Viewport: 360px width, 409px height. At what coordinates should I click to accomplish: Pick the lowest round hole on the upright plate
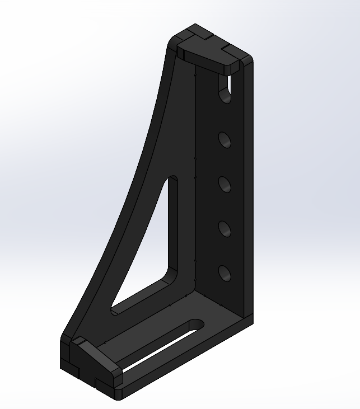click(225, 273)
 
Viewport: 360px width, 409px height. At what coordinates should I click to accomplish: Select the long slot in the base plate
click(162, 347)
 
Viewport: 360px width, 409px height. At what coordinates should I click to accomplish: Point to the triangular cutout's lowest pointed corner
click(114, 309)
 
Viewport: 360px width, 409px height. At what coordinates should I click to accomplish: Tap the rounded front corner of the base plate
click(118, 396)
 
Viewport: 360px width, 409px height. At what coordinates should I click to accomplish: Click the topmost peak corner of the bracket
click(195, 25)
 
